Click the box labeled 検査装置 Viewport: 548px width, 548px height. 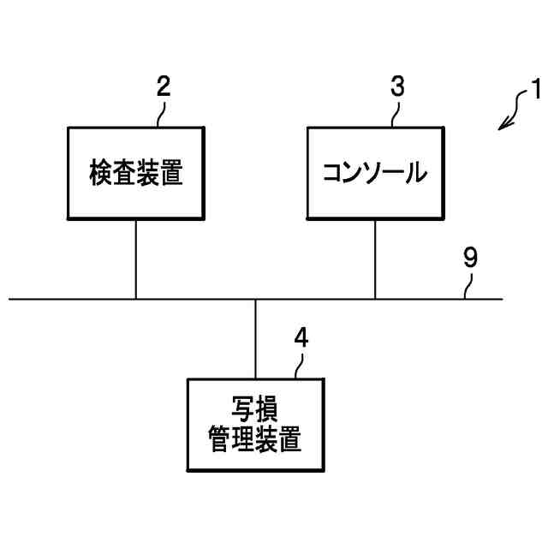click(x=136, y=174)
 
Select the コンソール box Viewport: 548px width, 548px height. click(x=375, y=174)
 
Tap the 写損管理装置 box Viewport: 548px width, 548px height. click(x=256, y=426)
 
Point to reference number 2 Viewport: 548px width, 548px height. click(x=164, y=86)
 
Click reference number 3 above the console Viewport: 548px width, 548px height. click(x=398, y=86)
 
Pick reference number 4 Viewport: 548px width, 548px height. click(x=301, y=337)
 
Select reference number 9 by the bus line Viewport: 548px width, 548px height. click(x=470, y=259)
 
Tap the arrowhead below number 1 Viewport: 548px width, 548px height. click(x=503, y=127)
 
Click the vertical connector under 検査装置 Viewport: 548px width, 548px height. click(x=136, y=259)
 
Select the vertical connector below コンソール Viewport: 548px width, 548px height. click(x=375, y=259)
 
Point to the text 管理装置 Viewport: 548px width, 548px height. click(x=256, y=442)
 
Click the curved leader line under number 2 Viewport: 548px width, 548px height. click(x=160, y=115)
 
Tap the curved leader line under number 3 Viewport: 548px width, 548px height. click(x=395, y=115)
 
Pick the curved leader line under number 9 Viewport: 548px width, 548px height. click(x=467, y=286)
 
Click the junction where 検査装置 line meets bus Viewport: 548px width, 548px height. click(x=136, y=299)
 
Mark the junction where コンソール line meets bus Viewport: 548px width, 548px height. click(x=375, y=299)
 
